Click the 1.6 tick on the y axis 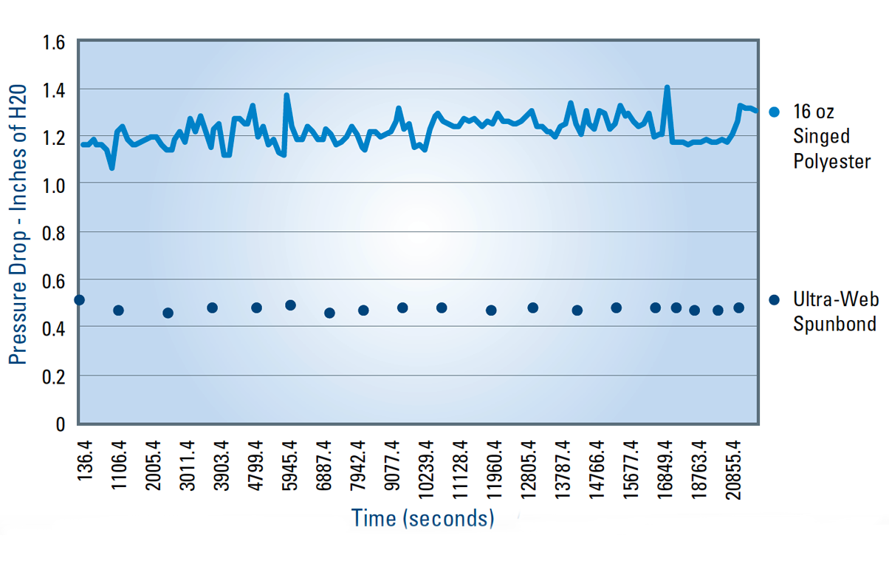coord(55,42)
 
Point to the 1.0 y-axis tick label coord(55,185)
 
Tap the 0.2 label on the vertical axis coord(55,376)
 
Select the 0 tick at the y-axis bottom coord(61,424)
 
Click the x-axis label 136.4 coord(86,461)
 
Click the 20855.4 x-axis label coord(733,472)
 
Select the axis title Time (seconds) coord(422,518)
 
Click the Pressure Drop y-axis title coord(20,225)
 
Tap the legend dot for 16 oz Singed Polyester coord(774,112)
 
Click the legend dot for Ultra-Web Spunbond coord(774,300)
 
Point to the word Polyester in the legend coord(832,162)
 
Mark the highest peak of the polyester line coord(667,87)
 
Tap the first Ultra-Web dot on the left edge coord(80,299)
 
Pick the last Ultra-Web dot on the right coord(738,308)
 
